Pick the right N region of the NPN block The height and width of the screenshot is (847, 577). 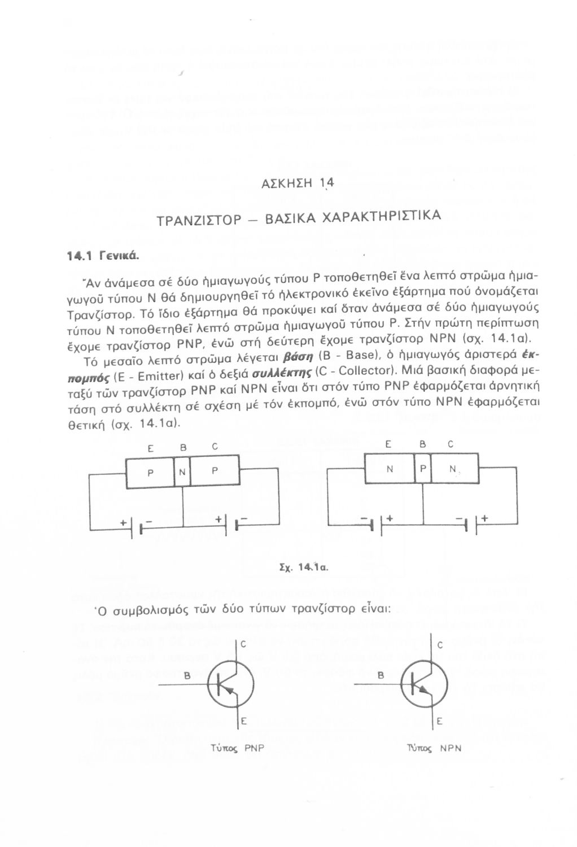[453, 468]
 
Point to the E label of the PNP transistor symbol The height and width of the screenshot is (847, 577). [244, 721]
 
